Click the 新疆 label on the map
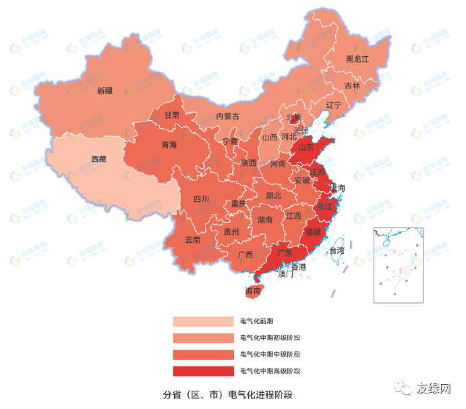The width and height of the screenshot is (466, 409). [x=105, y=90]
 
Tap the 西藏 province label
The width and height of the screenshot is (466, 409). [x=98, y=159]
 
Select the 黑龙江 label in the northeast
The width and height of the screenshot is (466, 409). [x=357, y=59]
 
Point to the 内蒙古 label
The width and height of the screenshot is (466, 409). [x=227, y=116]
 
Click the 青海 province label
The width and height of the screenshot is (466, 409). [x=169, y=145]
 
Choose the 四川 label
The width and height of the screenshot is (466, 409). [x=202, y=198]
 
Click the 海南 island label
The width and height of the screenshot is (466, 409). [x=253, y=292]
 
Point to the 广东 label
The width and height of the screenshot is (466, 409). [x=284, y=254]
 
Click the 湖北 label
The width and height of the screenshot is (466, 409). [x=274, y=196]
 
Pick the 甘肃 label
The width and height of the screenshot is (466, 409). [x=172, y=115]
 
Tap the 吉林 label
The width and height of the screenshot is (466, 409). [x=352, y=86]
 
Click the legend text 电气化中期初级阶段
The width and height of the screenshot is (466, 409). [x=270, y=337]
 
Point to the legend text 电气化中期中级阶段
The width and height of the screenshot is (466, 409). [x=270, y=354]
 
